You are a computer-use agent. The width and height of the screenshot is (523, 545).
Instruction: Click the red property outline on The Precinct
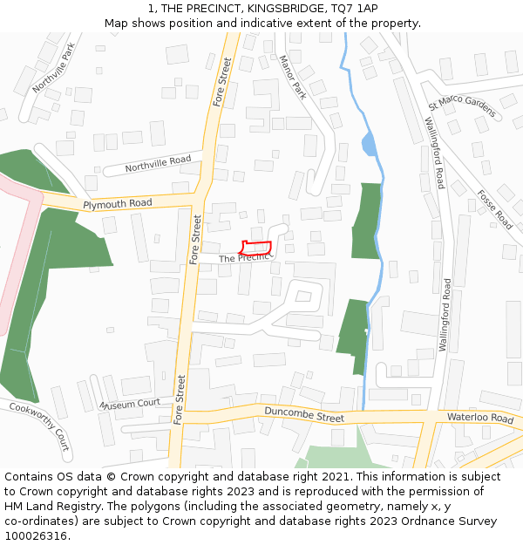click(x=256, y=247)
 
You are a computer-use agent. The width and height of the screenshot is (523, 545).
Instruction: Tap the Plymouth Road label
click(x=118, y=204)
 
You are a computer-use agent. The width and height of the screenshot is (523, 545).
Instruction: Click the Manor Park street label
click(x=293, y=78)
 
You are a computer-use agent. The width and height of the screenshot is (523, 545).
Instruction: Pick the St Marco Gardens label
click(x=461, y=107)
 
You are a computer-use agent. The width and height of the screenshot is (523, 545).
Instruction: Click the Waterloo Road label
click(x=480, y=419)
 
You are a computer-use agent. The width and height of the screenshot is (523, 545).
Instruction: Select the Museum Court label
click(x=130, y=404)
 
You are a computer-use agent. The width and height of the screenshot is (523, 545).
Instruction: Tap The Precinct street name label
click(x=246, y=259)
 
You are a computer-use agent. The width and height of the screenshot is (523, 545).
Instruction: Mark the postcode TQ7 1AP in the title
click(x=354, y=8)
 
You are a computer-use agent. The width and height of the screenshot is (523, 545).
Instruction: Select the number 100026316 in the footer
click(x=36, y=536)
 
